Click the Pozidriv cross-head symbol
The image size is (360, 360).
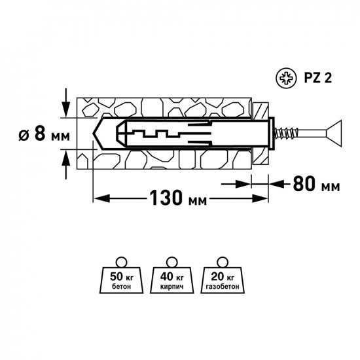(x=286, y=78)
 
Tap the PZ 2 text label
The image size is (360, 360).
(x=317, y=78)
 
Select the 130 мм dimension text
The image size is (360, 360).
(x=178, y=198)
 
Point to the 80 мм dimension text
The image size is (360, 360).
(x=316, y=184)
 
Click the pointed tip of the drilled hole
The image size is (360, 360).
(x=93, y=134)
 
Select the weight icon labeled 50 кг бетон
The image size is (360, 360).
(x=121, y=275)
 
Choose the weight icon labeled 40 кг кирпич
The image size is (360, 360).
(x=171, y=275)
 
